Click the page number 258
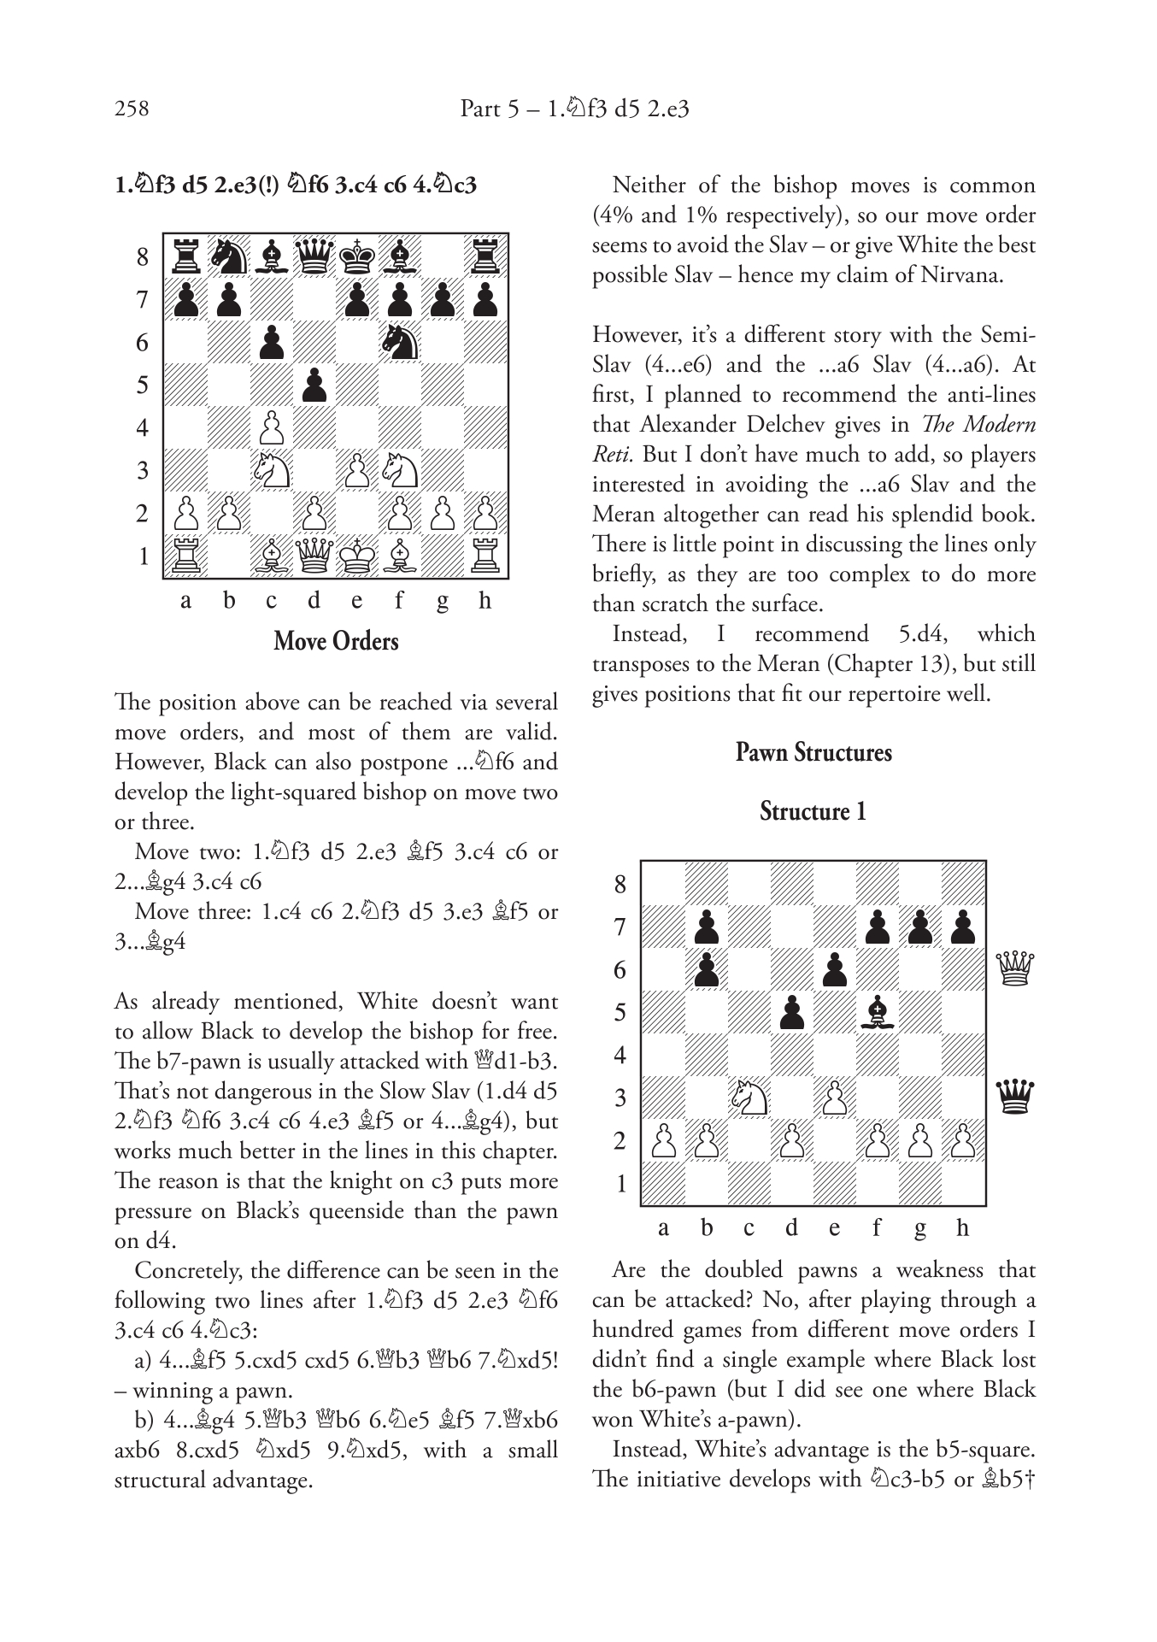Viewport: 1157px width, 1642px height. pyautogui.click(x=132, y=109)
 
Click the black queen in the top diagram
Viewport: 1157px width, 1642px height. pyautogui.click(x=314, y=256)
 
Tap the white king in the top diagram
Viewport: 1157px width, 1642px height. pyautogui.click(x=356, y=556)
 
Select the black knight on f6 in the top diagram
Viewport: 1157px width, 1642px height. pyautogui.click(x=399, y=342)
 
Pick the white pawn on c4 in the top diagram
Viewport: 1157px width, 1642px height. pyautogui.click(x=271, y=427)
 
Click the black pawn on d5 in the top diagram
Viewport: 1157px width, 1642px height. pyautogui.click(x=314, y=385)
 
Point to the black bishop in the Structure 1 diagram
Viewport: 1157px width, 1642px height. pyautogui.click(x=877, y=1012)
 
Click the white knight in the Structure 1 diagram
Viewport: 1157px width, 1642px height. pyautogui.click(x=749, y=1098)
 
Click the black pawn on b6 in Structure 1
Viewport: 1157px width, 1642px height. pyautogui.click(x=706, y=969)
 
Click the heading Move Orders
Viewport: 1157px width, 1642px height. pyautogui.click(x=336, y=642)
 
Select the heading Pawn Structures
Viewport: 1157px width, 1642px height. pyautogui.click(x=813, y=753)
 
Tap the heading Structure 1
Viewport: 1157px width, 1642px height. pyautogui.click(x=813, y=811)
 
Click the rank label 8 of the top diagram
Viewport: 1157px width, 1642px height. pyautogui.click(x=142, y=257)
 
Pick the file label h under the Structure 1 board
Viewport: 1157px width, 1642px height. pyautogui.click(x=962, y=1228)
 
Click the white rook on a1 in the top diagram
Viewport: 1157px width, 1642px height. pyautogui.click(x=185, y=556)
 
